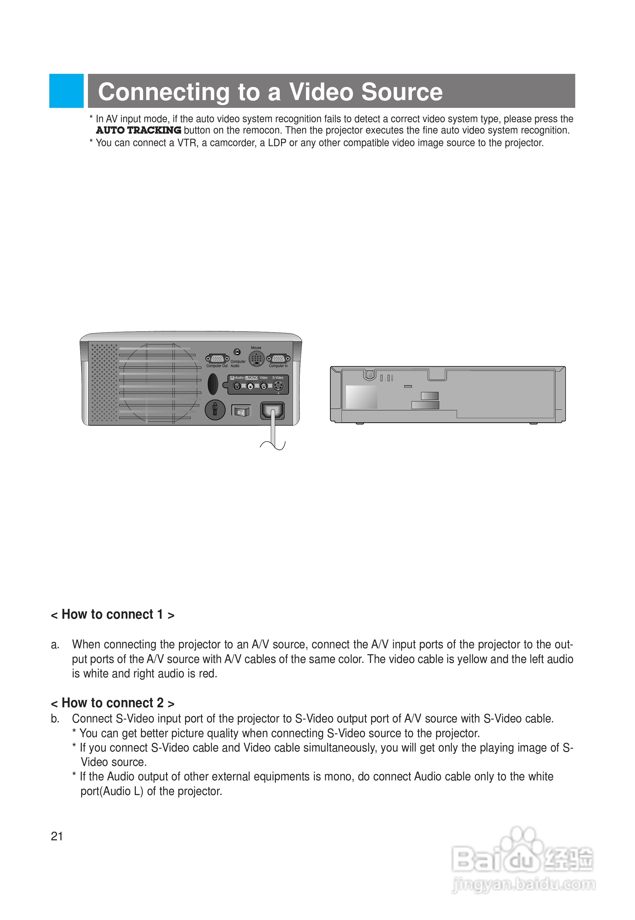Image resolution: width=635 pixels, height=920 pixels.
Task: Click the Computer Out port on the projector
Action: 217,359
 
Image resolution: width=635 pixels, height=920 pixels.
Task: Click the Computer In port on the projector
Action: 278,359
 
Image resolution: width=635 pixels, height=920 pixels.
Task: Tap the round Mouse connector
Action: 257,358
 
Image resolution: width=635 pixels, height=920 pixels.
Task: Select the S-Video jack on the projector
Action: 278,386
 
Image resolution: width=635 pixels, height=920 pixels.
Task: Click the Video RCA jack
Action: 263,386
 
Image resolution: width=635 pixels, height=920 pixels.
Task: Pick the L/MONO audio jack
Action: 251,386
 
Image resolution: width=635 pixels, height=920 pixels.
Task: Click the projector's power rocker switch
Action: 241,411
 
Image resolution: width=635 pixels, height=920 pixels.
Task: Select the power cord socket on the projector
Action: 272,410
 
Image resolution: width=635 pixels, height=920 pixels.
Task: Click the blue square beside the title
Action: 67,91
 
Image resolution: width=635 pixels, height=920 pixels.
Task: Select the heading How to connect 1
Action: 112,614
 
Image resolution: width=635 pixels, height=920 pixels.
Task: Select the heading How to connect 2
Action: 112,703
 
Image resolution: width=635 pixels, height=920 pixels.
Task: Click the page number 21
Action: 57,836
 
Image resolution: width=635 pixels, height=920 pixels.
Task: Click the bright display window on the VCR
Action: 361,397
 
